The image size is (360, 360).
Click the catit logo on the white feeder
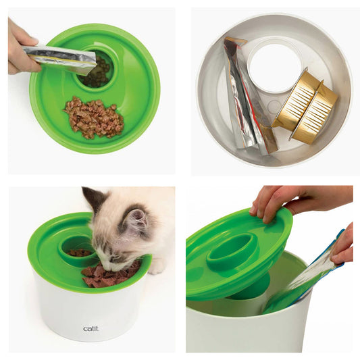coord(90,329)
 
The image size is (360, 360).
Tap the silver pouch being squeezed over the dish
coord(61,59)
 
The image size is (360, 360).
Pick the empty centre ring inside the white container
coord(273,66)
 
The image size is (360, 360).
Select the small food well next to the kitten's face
coord(80,251)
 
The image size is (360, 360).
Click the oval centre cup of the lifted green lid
coord(232,251)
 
